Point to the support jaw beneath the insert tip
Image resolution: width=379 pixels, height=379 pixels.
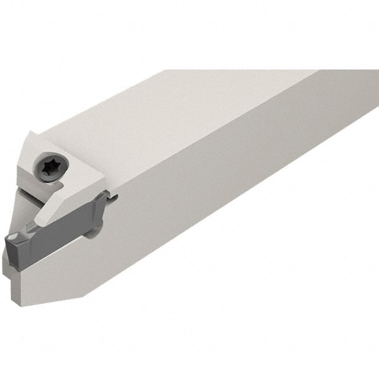point(19,265)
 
